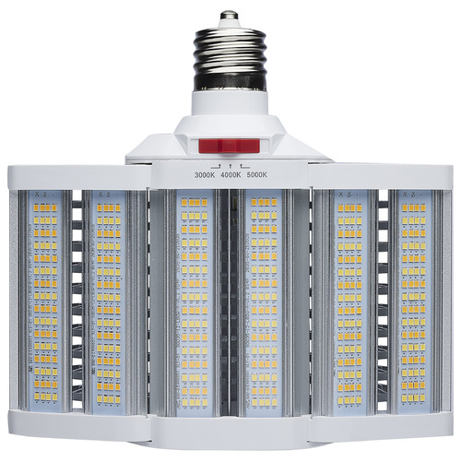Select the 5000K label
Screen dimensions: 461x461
pos(255,174)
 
